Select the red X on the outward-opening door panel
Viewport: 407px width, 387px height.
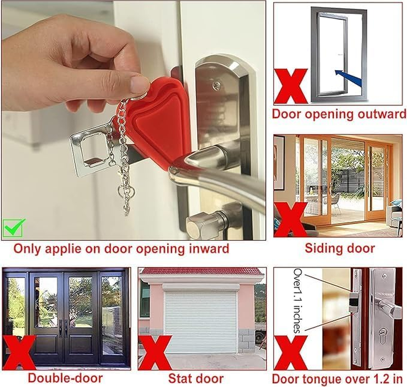coord(291,86)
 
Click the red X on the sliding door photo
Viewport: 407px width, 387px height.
coord(291,219)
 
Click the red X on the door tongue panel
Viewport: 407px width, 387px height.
coord(291,352)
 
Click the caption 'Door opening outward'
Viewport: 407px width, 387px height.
coord(338,115)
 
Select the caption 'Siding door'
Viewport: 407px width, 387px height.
coord(339,248)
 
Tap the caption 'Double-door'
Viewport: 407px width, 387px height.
coord(65,378)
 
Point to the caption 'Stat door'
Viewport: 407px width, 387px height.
coord(195,378)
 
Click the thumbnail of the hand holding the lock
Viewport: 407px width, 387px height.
coord(133,120)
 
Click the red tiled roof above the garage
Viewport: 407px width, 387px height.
coord(201,271)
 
